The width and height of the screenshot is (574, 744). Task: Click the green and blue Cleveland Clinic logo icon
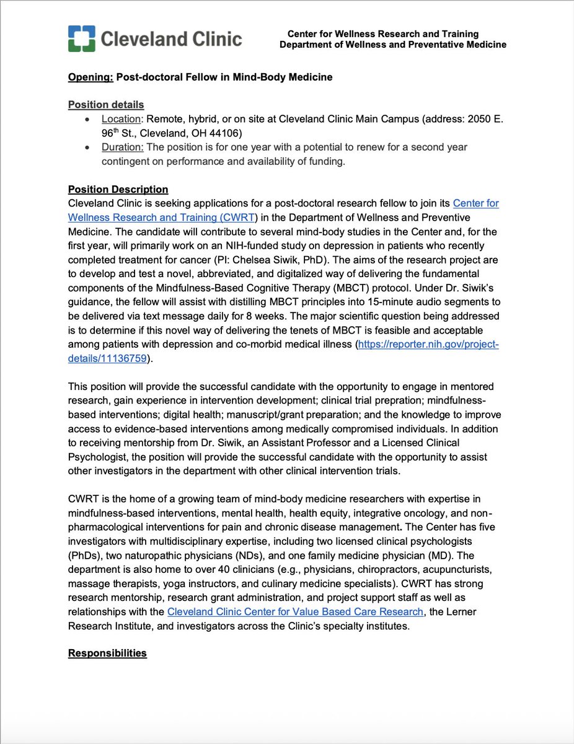(x=81, y=39)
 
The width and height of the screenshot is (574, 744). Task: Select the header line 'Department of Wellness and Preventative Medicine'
(x=392, y=45)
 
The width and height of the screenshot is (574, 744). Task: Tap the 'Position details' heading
(x=106, y=105)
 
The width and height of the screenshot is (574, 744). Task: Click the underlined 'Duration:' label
(x=123, y=147)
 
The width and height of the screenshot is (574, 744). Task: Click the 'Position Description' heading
(x=118, y=189)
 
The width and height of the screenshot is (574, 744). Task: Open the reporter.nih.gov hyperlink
(x=427, y=345)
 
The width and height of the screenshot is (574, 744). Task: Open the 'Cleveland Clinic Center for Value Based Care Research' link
(x=295, y=612)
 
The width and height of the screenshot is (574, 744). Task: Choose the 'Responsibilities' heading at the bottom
(x=107, y=653)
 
